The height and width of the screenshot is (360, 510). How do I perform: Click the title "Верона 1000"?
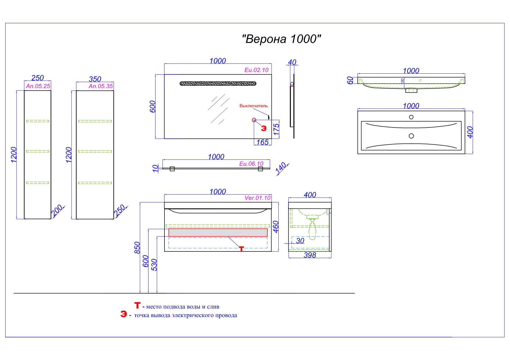[281, 39]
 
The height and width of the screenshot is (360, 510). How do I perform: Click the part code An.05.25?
[38, 86]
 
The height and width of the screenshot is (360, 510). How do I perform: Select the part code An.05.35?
[101, 86]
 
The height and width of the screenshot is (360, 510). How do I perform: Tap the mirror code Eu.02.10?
[256, 70]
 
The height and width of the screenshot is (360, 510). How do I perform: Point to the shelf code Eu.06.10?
[251, 164]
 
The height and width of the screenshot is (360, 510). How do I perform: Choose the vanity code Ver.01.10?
[257, 198]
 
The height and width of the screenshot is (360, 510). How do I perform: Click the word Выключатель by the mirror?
[253, 106]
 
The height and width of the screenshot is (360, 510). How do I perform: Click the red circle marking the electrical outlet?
[254, 120]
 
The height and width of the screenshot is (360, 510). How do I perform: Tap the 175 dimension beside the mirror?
[276, 129]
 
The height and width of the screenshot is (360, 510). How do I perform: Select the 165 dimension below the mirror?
[262, 142]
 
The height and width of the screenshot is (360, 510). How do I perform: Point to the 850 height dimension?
[137, 248]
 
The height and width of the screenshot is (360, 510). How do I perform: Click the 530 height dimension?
[154, 265]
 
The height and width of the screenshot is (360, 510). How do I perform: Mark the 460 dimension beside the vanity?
[276, 227]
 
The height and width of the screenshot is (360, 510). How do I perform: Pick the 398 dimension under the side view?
[310, 255]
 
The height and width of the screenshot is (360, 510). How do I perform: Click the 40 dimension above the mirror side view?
[292, 62]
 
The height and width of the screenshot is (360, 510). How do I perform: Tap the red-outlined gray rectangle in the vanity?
[218, 233]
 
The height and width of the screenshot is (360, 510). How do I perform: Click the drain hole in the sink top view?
[411, 136]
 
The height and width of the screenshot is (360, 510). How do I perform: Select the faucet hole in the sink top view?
[411, 117]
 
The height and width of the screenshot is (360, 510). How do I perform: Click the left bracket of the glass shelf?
[172, 169]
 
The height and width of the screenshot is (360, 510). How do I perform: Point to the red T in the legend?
[137, 305]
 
